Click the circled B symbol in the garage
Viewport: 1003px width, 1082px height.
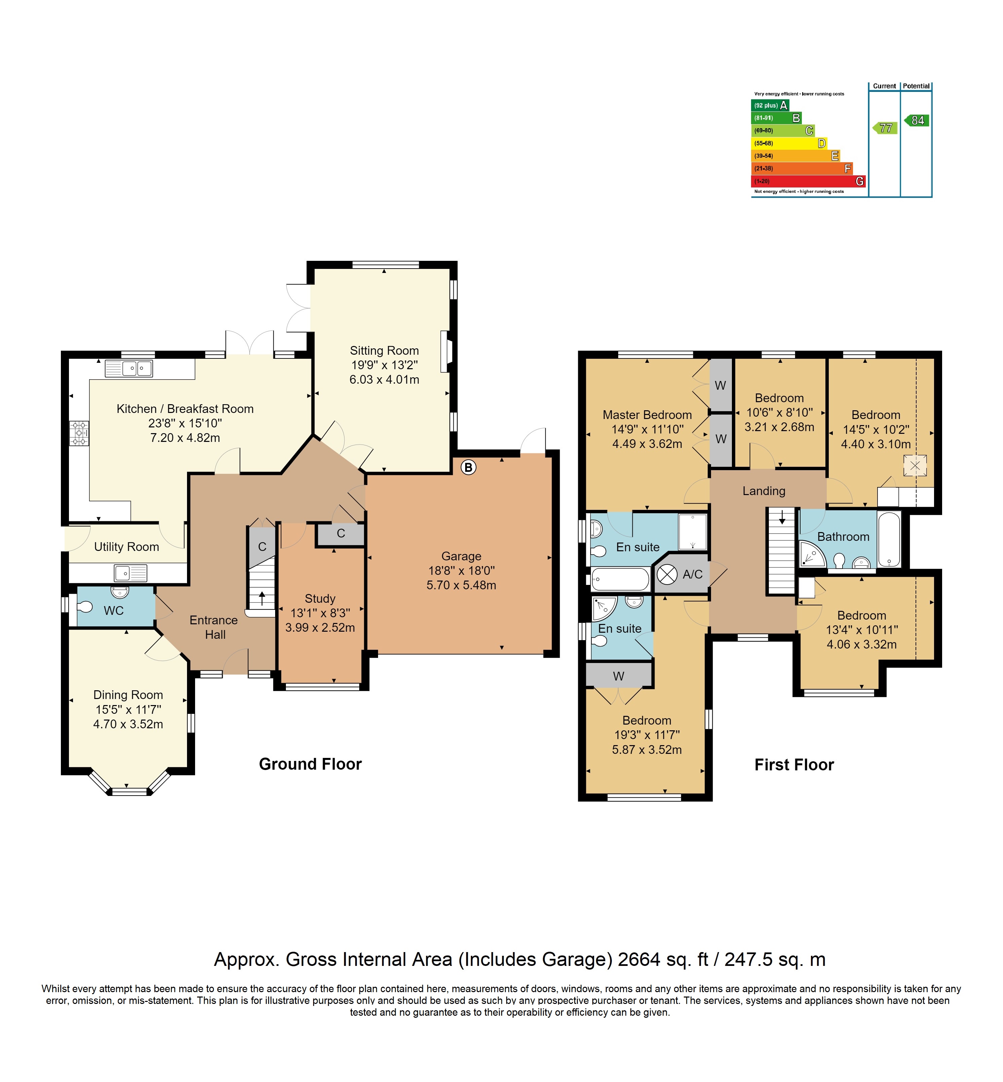point(469,467)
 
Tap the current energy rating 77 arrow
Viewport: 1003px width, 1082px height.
point(885,128)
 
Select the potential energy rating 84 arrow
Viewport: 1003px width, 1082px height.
point(917,120)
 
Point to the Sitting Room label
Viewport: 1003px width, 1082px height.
point(384,350)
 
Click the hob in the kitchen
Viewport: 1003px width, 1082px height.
point(79,433)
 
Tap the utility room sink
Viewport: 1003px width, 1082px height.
point(130,572)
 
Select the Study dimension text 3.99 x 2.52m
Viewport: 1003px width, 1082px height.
point(320,627)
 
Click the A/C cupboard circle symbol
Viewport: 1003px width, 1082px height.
point(667,574)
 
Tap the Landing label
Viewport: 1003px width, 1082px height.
point(764,491)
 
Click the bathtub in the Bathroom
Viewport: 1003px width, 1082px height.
point(889,539)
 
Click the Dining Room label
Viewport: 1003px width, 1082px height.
point(128,695)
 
